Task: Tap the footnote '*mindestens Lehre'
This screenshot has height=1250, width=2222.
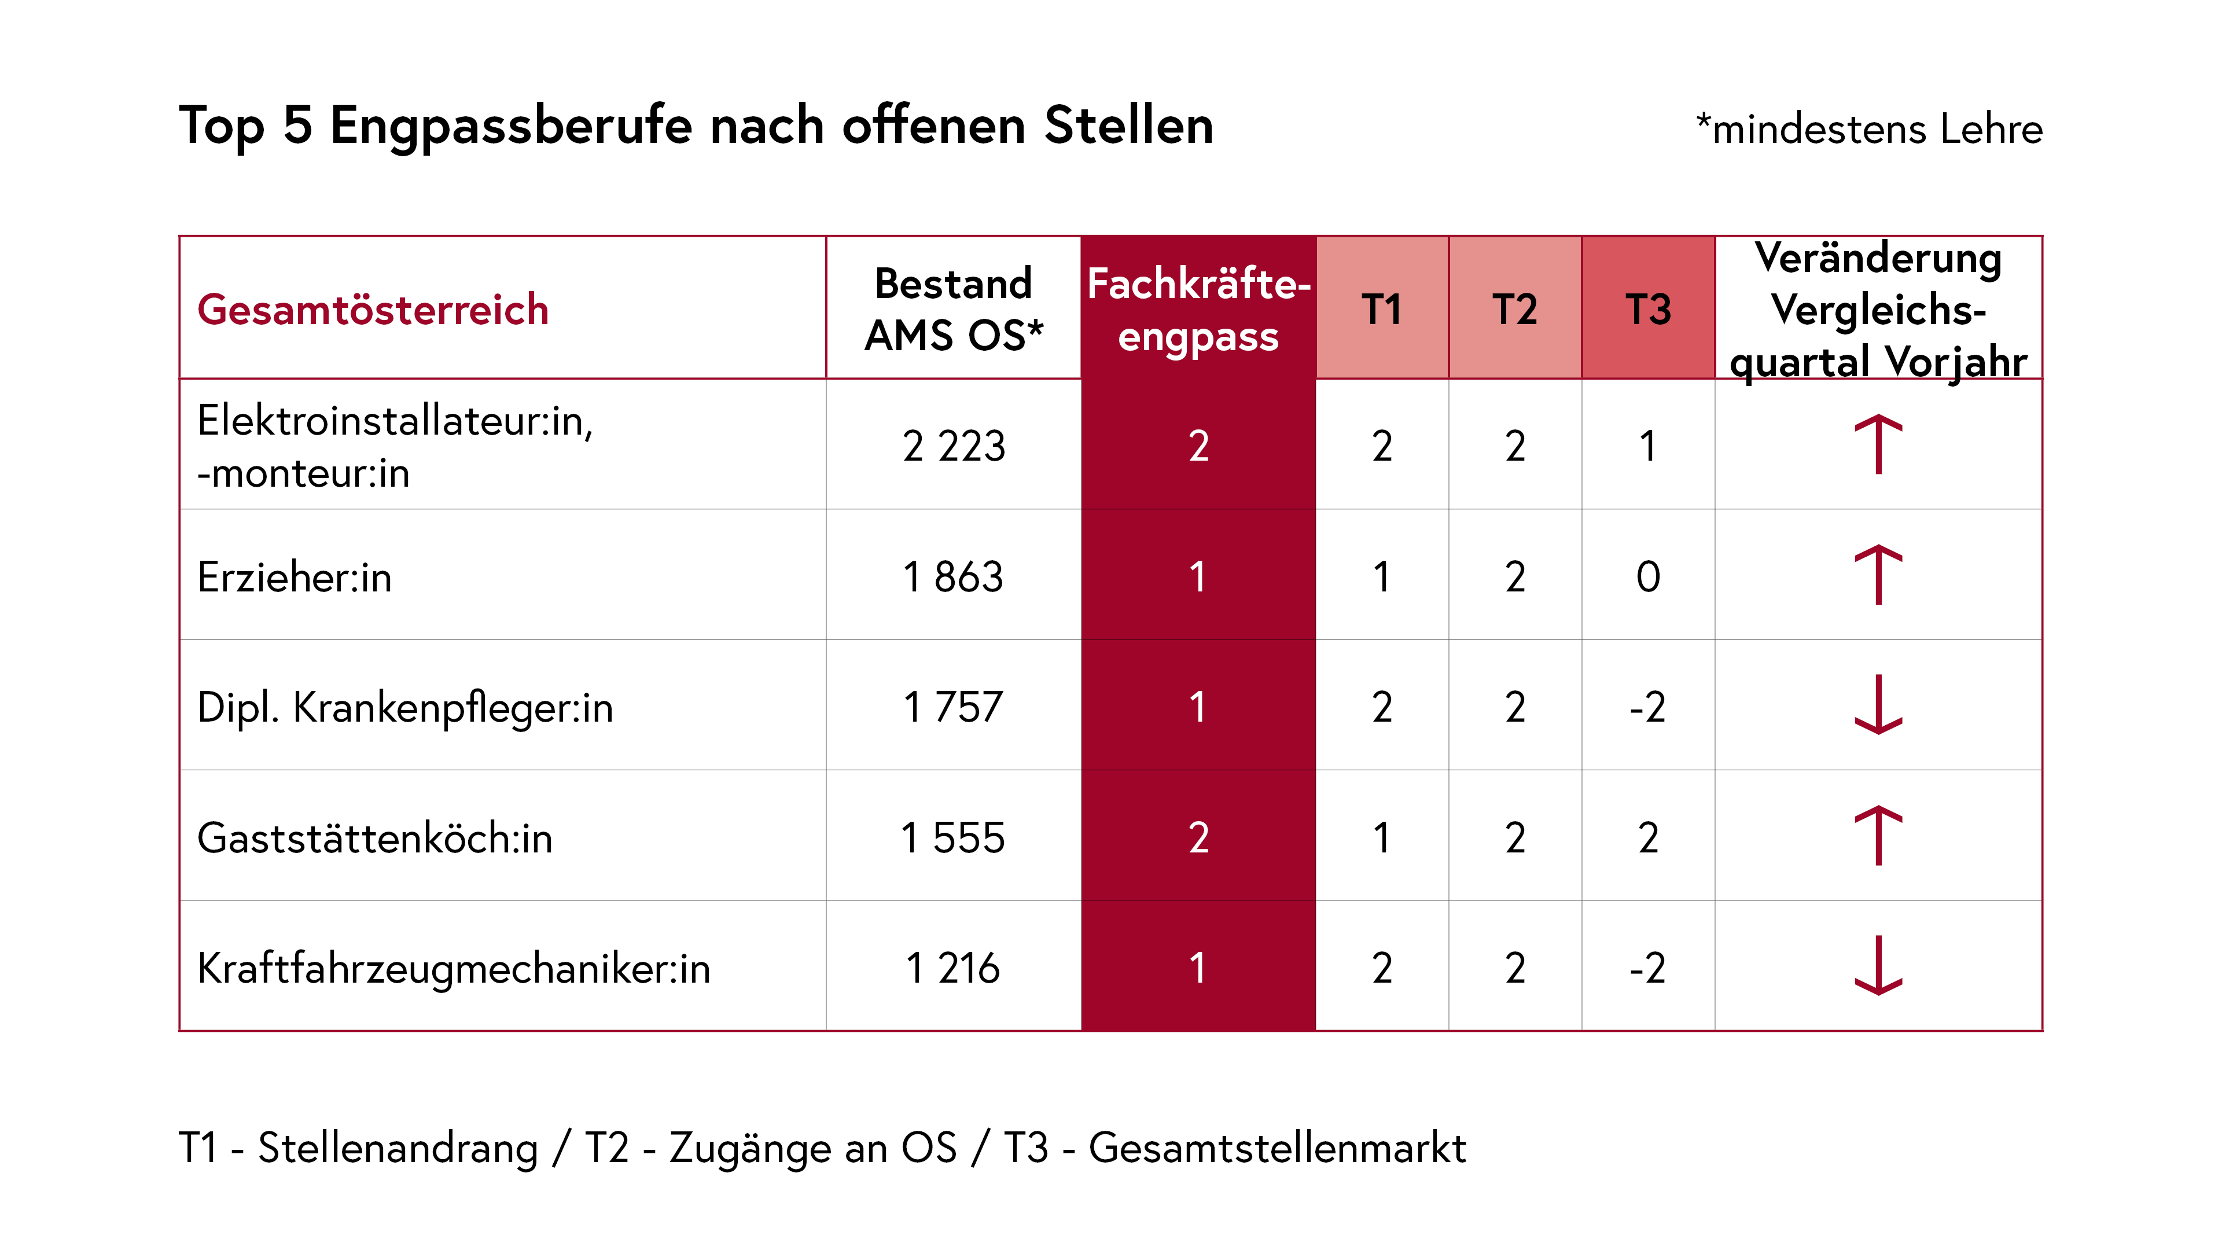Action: (1868, 130)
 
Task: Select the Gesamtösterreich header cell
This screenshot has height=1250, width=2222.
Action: (373, 310)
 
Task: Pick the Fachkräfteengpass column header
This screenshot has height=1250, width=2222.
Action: (1198, 310)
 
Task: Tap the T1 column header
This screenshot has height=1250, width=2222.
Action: (1382, 310)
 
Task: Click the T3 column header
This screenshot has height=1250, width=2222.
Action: (1647, 310)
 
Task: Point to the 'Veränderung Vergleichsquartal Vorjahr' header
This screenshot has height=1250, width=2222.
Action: (1878, 310)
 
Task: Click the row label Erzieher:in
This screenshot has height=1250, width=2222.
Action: (294, 576)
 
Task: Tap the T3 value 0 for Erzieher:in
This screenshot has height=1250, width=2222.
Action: (1647, 576)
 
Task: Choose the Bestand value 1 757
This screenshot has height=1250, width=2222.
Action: (953, 707)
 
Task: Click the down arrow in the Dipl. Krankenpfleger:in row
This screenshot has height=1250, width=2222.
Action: (1878, 705)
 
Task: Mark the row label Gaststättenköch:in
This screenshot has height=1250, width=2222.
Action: (374, 837)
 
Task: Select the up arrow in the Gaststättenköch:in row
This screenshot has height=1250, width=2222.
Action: (1878, 835)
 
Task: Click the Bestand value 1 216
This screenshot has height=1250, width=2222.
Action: (953, 968)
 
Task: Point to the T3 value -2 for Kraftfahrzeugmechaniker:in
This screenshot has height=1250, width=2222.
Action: (1647, 968)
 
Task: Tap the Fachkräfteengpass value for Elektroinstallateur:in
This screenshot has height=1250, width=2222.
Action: (1198, 446)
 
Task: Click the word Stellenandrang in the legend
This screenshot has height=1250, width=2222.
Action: (398, 1148)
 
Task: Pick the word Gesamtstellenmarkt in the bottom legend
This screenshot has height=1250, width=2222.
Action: (1276, 1148)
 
